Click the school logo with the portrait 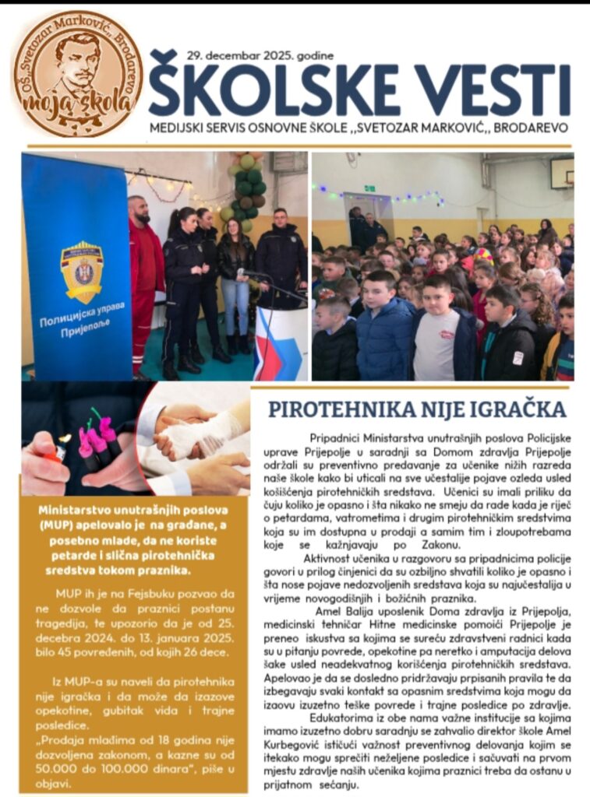pos(77,74)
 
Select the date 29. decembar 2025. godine pos(260,55)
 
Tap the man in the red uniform pos(145,280)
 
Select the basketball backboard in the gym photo pos(561,173)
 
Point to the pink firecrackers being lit pos(97,444)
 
